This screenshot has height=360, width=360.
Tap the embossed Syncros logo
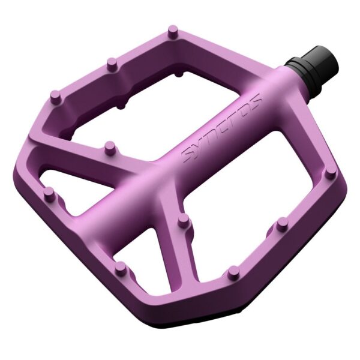point(222,127)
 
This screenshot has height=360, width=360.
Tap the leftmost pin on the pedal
point(49,193)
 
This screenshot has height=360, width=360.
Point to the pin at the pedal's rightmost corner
point(329,173)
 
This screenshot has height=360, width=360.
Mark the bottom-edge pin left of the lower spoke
point(121,266)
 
